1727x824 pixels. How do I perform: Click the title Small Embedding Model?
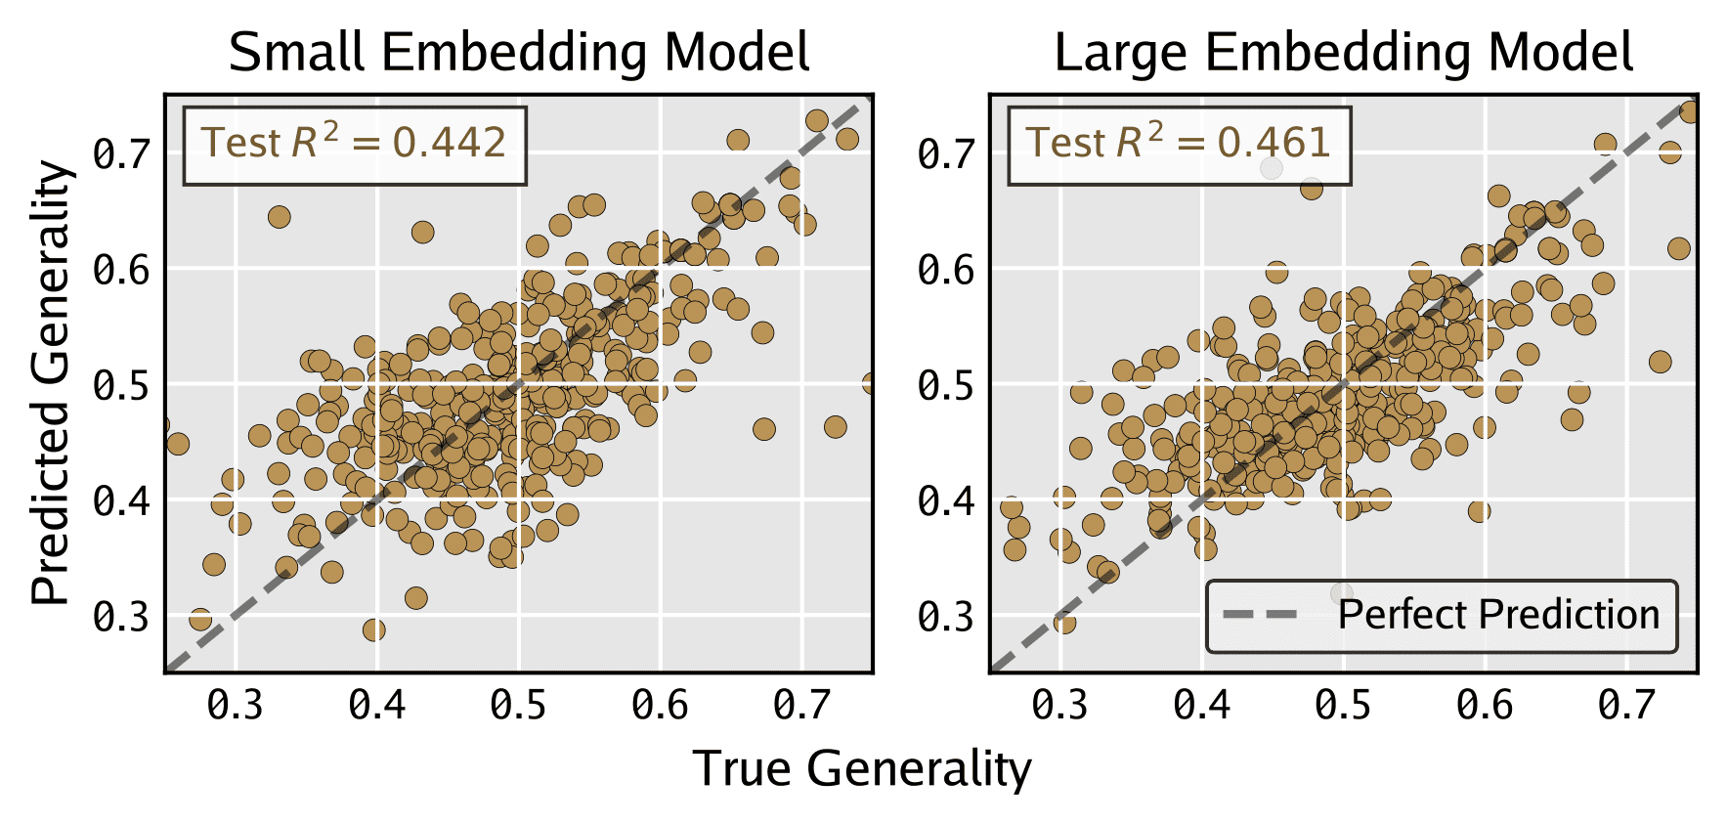[x=519, y=53]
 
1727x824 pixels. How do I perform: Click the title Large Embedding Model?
[x=1344, y=53]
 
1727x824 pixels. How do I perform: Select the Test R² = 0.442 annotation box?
[x=355, y=145]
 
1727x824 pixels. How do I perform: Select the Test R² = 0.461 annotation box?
[x=1179, y=145]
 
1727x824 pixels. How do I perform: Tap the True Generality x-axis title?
[x=862, y=769]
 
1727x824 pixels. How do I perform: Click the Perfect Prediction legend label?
[x=1498, y=615]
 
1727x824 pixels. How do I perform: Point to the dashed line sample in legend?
[x=1261, y=615]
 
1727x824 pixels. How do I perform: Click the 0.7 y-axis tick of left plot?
[x=122, y=153]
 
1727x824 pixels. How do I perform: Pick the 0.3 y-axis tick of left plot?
[x=122, y=617]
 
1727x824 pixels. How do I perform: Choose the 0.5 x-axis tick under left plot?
[x=518, y=704]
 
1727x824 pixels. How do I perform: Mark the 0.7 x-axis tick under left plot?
[x=801, y=704]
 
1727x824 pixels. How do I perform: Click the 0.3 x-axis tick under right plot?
[x=1060, y=704]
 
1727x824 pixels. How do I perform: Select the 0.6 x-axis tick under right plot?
[x=1485, y=704]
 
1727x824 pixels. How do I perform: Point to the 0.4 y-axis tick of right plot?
[x=946, y=501]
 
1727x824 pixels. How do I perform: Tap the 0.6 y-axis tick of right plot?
[x=946, y=270]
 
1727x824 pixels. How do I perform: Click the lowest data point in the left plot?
[x=373, y=629]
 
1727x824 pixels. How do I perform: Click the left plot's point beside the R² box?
[x=279, y=216]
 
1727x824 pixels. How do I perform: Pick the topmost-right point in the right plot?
[x=1688, y=112]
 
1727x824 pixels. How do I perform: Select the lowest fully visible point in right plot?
[x=1064, y=622]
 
